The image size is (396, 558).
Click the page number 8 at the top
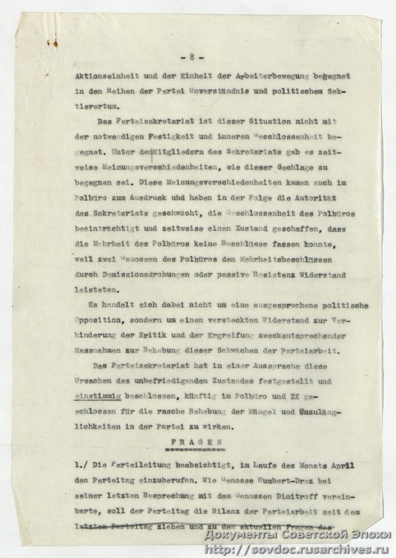tap(199, 55)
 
